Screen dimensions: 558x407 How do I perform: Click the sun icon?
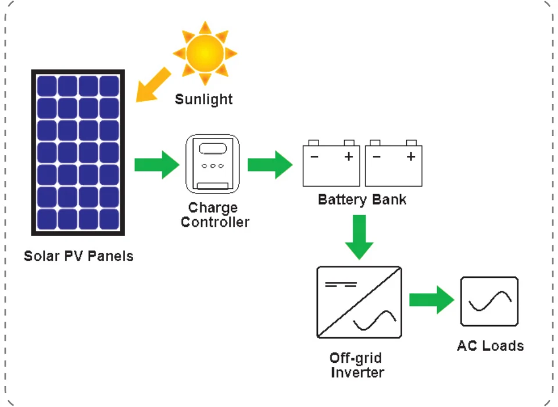pyautogui.click(x=205, y=53)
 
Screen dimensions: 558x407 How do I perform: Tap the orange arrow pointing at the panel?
pyautogui.click(x=153, y=85)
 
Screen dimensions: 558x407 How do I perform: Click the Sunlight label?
pyautogui.click(x=203, y=99)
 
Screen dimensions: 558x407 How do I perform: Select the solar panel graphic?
pyautogui.click(x=78, y=152)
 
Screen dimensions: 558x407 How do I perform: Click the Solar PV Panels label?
pyautogui.click(x=78, y=256)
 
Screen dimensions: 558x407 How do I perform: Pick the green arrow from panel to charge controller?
pyautogui.click(x=157, y=165)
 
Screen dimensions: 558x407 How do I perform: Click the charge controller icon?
pyautogui.click(x=213, y=164)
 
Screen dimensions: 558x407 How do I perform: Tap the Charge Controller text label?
pyautogui.click(x=215, y=215)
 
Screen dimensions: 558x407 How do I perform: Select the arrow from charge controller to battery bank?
pyautogui.click(x=270, y=165)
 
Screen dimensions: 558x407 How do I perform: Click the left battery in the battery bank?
pyautogui.click(x=331, y=163)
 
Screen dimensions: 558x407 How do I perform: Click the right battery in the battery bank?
pyautogui.click(x=394, y=163)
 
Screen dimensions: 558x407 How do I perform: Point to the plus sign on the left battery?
pyautogui.click(x=349, y=156)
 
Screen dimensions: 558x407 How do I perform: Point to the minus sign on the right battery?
pyautogui.click(x=377, y=156)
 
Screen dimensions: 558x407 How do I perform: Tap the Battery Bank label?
pyautogui.click(x=362, y=199)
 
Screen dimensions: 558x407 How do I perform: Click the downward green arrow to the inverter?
pyautogui.click(x=359, y=237)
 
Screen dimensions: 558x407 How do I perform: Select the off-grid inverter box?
pyautogui.click(x=359, y=302)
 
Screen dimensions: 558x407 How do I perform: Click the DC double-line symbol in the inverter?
pyautogui.click(x=341, y=284)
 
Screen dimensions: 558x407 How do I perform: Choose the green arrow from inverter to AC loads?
pyautogui.click(x=432, y=299)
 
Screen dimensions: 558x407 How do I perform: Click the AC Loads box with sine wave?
pyautogui.click(x=489, y=301)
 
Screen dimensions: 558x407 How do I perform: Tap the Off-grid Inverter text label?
pyautogui.click(x=357, y=365)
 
